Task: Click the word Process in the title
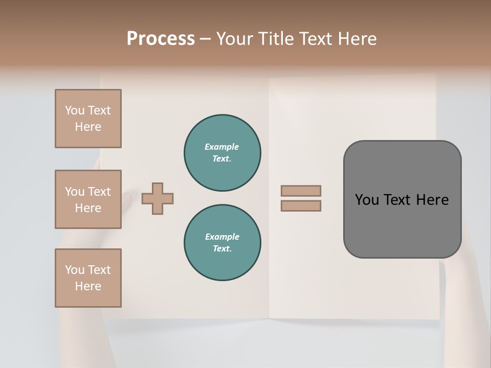point(161,39)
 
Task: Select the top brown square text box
point(88,119)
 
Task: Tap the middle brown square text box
point(88,199)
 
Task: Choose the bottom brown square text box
point(88,278)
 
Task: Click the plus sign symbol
point(158,198)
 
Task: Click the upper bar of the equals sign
point(301,191)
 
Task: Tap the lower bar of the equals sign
point(301,205)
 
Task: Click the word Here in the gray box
point(432,200)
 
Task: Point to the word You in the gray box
point(366,200)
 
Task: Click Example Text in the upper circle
point(222,153)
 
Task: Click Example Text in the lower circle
point(222,243)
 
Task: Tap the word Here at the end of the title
point(358,39)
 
